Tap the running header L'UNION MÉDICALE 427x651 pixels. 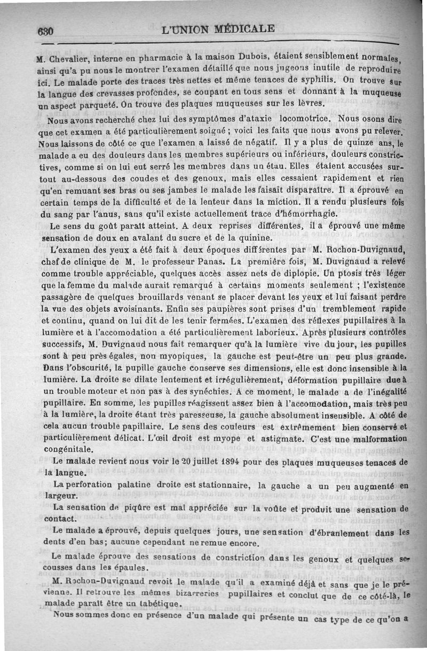tap(218, 29)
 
